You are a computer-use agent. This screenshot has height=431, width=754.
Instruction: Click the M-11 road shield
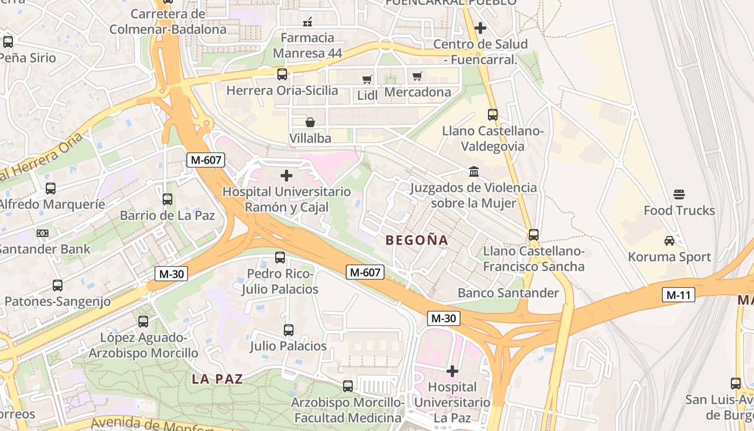[678, 295]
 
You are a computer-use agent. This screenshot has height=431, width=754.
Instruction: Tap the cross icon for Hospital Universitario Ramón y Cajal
[287, 176]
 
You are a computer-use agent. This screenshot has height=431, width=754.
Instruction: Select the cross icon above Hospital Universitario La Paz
[452, 371]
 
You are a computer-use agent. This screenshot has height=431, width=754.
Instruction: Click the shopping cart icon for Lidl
[367, 79]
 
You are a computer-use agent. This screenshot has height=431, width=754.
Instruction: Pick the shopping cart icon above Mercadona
[417, 76]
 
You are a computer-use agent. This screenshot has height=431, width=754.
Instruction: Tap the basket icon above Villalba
[310, 122]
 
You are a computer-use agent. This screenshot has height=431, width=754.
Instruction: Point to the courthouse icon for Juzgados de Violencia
[474, 171]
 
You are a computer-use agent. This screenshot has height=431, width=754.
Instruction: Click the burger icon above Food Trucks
[679, 194]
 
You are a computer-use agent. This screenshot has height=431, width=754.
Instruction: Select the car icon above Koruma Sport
[669, 240]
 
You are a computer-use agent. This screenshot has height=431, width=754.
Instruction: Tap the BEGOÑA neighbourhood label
[417, 240]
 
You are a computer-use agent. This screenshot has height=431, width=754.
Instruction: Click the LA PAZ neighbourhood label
[218, 379]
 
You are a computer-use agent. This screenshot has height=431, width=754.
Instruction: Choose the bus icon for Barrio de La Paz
[167, 199]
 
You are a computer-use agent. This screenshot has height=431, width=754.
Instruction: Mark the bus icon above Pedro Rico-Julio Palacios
[280, 258]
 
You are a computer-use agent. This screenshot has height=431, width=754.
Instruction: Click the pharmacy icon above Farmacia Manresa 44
[308, 22]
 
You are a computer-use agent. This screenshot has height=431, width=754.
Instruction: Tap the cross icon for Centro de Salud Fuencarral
[480, 27]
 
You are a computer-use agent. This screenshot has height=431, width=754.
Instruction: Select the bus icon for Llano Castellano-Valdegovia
[493, 114]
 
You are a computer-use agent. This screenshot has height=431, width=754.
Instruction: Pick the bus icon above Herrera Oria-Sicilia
[282, 74]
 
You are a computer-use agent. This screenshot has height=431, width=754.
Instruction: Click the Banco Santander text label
[508, 293]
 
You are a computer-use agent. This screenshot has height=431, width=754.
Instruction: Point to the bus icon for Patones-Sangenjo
[58, 286]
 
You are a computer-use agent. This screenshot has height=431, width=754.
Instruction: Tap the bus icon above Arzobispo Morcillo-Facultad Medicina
[348, 386]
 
